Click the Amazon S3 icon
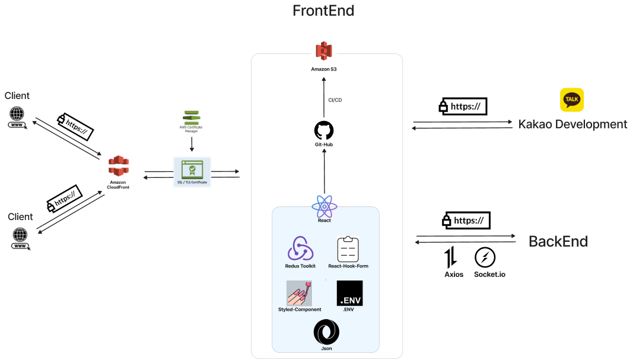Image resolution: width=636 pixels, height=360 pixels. click(324, 51)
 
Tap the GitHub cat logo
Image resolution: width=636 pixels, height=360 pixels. click(324, 130)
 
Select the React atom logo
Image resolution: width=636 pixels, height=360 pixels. click(324, 207)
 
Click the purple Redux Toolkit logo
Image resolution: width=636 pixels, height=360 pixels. click(300, 249)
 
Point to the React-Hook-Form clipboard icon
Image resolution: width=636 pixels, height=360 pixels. click(348, 249)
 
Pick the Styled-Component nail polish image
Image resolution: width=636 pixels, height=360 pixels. click(300, 293)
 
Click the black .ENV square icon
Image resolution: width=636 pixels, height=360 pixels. click(349, 293)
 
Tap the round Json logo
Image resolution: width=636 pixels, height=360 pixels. click(326, 332)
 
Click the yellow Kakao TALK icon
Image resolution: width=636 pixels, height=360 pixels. click(572, 100)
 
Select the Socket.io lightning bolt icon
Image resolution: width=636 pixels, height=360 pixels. click(485, 257)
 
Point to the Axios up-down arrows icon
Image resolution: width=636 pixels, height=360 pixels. click(450, 257)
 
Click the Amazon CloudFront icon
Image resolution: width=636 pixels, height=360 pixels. click(119, 166)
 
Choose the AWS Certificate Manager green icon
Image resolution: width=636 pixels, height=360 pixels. click(192, 117)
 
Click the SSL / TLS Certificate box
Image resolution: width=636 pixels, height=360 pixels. click(192, 172)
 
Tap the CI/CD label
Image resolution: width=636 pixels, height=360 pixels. click(335, 100)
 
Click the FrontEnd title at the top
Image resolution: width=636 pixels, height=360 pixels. click(323, 11)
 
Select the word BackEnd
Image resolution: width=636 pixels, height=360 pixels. click(558, 241)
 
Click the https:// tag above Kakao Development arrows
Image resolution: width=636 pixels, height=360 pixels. click(463, 107)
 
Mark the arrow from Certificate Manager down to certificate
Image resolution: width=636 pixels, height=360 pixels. click(192, 144)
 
